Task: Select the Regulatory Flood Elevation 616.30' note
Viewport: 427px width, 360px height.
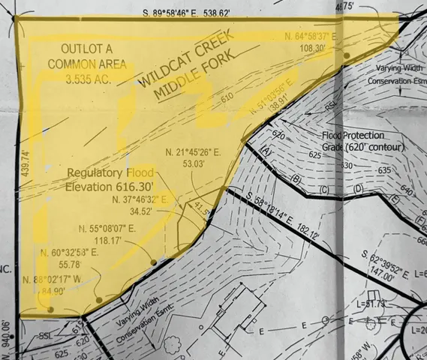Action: (x=110, y=180)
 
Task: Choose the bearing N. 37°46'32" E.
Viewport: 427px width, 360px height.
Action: (x=144, y=201)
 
